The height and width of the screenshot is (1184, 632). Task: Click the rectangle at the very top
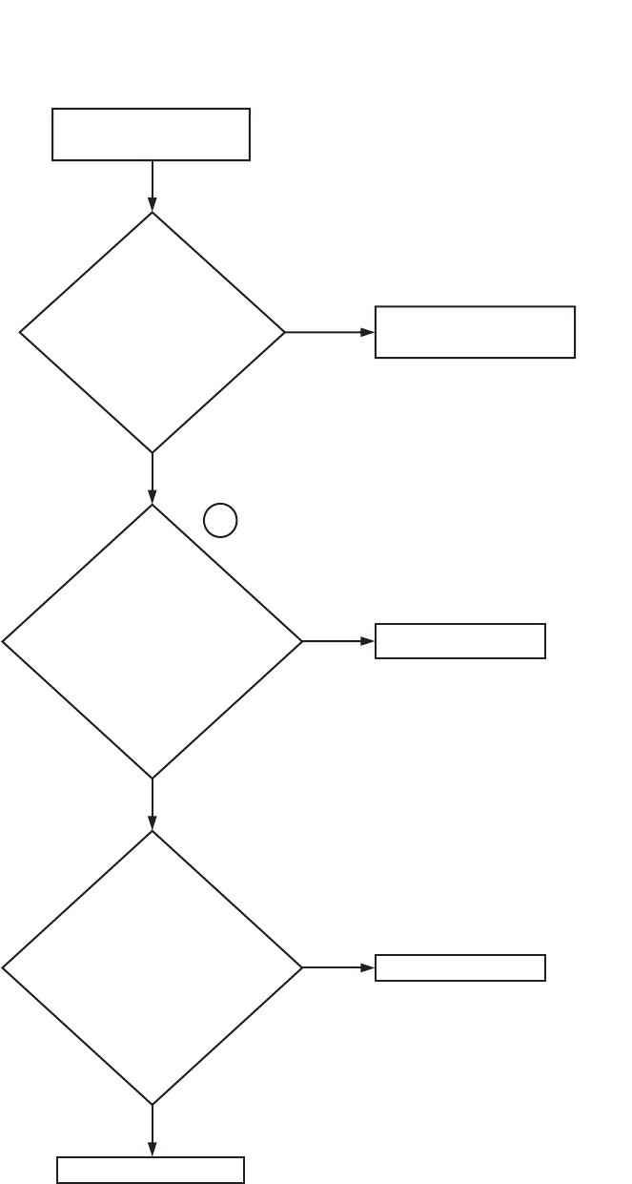(151, 135)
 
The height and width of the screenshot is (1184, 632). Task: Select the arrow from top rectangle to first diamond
(152, 185)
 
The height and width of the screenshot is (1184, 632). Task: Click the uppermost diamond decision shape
(152, 332)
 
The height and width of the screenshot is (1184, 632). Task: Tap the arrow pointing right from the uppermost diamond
(329, 332)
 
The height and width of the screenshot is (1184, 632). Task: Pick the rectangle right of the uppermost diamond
(475, 332)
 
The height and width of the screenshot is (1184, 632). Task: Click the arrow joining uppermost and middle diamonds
(152, 478)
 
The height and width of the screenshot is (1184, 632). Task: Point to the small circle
(220, 520)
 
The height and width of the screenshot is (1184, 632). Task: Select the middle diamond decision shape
(152, 641)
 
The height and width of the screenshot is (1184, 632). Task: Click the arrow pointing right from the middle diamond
(338, 641)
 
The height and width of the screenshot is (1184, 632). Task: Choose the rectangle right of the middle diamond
(460, 641)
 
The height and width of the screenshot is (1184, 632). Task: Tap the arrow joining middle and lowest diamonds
(152, 804)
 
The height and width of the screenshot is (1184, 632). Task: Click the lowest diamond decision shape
(152, 967)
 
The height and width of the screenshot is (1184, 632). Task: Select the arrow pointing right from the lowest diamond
(338, 967)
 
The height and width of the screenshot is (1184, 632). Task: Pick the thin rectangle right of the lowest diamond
(460, 967)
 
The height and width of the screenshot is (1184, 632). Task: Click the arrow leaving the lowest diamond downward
(152, 1131)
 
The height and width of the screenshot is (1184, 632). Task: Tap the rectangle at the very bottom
(151, 1170)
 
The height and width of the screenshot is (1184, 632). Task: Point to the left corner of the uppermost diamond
(20, 332)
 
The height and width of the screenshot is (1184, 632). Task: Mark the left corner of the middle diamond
(3, 642)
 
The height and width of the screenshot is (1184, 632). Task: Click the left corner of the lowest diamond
(3, 968)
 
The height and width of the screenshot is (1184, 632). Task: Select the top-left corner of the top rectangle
(52, 109)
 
